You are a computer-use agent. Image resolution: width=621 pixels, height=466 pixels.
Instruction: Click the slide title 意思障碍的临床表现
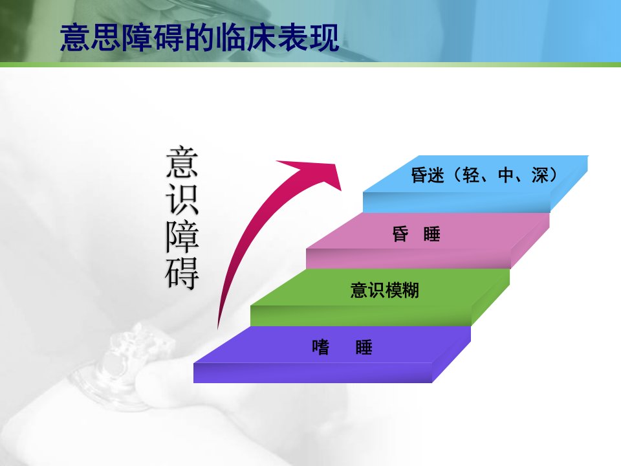[x=199, y=38]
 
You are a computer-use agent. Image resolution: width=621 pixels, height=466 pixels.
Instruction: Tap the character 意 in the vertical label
[x=182, y=162]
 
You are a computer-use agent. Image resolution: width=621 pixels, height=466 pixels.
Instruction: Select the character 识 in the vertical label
[x=182, y=199]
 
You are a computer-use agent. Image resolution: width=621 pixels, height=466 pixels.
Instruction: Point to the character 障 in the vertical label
[x=182, y=236]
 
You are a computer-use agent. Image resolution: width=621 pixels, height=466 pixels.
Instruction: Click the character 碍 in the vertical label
[x=182, y=273]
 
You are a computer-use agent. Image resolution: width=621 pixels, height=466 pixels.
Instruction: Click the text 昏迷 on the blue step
[x=428, y=175]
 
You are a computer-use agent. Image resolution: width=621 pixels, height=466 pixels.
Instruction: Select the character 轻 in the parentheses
[x=471, y=175]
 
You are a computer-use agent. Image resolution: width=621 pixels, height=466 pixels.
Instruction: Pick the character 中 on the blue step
[x=506, y=175]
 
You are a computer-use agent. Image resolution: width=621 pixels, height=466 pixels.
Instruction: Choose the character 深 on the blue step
[x=540, y=175]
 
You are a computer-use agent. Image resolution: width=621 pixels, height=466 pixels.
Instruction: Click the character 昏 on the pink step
[x=400, y=234]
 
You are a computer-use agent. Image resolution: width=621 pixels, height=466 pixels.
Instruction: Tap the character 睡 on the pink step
[x=431, y=234]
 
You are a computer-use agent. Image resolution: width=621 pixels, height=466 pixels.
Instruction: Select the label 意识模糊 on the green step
[x=384, y=290]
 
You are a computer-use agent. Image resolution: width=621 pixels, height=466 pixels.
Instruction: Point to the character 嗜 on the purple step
[x=320, y=347]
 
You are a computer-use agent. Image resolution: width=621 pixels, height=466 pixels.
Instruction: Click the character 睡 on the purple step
[x=364, y=347]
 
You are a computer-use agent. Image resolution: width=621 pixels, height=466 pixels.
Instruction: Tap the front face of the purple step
[x=312, y=373]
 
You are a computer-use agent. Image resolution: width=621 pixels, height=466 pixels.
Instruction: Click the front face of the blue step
[x=457, y=203]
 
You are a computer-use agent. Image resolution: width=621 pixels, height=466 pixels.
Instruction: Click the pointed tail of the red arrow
[x=218, y=327]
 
